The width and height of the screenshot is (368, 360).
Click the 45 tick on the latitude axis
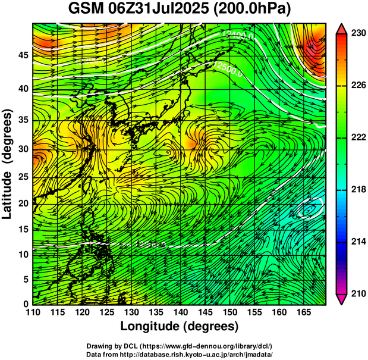click(x=23, y=55)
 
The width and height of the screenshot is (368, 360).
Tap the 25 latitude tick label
click(x=23, y=177)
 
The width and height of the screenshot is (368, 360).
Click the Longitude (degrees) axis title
click(x=180, y=327)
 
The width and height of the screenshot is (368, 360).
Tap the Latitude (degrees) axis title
click(x=8, y=164)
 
